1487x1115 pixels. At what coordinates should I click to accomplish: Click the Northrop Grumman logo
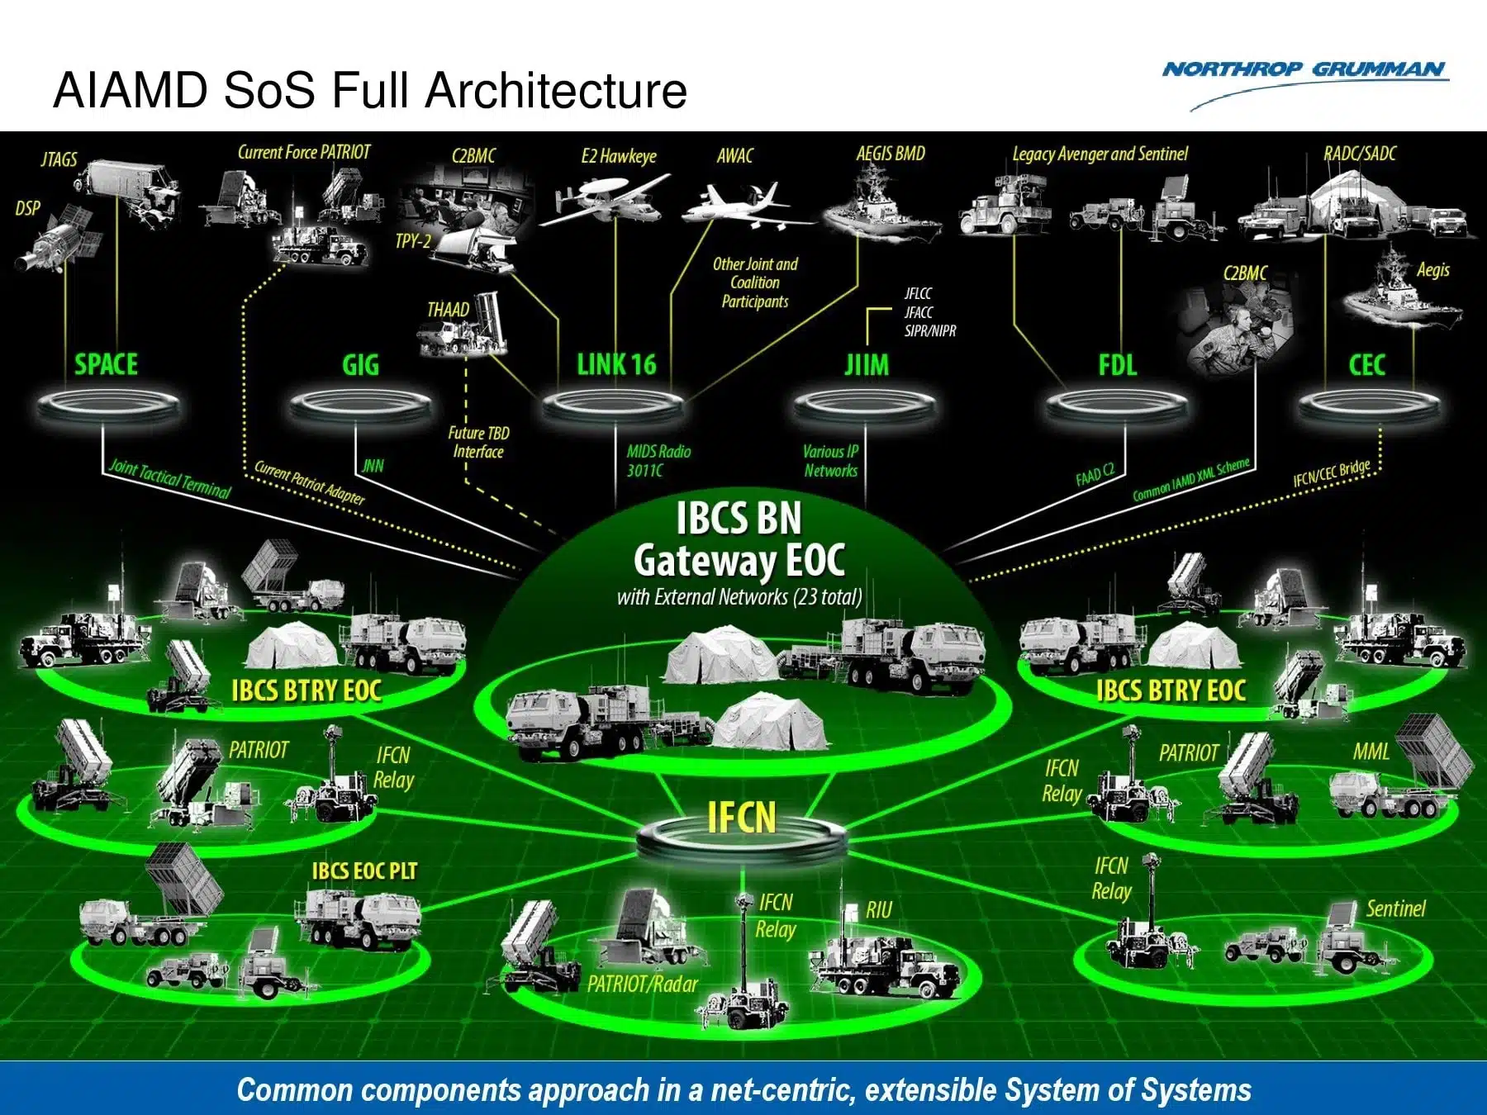1305,71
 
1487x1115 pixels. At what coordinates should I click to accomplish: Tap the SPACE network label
107,364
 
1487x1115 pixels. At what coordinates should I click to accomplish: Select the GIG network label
360,365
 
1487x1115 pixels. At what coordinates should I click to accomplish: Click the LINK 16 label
616,364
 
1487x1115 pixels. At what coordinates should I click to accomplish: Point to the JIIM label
867,365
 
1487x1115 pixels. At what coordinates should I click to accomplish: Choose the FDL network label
1117,365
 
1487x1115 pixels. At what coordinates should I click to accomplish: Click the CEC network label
1366,365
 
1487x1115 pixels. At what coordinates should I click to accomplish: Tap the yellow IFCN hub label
741,817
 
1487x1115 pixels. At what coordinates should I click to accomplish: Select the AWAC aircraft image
739,206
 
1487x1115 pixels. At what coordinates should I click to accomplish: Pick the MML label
1371,752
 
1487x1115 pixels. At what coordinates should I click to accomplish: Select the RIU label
879,910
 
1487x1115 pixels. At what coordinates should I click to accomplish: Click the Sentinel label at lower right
1395,909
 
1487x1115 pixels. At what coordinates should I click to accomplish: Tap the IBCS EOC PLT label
364,871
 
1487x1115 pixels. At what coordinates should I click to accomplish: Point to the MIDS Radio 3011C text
658,461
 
